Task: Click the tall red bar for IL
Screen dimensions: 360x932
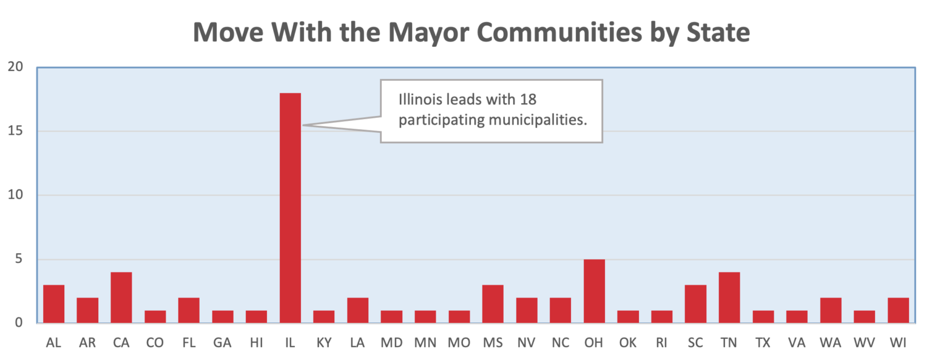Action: click(x=290, y=208)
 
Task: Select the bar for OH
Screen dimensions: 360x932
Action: click(x=594, y=291)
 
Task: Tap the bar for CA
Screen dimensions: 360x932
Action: click(x=121, y=297)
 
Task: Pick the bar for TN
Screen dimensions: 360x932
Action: click(x=729, y=297)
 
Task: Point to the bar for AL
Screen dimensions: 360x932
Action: click(x=53, y=304)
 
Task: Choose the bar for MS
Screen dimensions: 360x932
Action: click(x=493, y=304)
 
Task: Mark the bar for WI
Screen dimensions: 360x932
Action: click(x=898, y=310)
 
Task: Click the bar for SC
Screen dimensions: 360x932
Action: click(x=695, y=304)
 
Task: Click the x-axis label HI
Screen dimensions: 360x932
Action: click(x=256, y=343)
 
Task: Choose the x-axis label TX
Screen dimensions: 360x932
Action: click(x=763, y=343)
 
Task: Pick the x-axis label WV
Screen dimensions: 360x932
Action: click(x=864, y=343)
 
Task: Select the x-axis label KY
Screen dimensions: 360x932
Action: click(x=324, y=343)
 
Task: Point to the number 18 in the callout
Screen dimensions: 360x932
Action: click(x=528, y=100)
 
